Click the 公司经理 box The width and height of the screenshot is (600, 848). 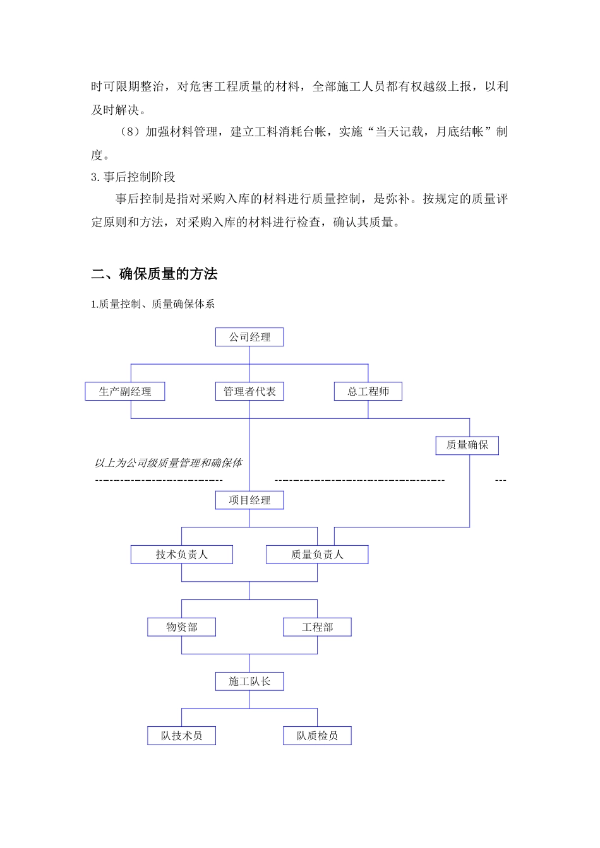249,338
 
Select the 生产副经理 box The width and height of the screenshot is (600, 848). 125,392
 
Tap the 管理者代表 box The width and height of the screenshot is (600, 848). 249,392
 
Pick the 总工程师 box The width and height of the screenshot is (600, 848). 368,392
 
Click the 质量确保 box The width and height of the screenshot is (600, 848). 467,445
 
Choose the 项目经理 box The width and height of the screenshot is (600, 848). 249,500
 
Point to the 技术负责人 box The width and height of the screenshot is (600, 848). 182,555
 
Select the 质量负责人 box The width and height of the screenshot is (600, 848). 317,555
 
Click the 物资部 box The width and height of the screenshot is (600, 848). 182,627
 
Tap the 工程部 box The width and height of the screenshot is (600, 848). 317,627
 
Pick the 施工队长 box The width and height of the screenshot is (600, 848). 249,681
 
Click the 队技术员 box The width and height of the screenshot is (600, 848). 182,736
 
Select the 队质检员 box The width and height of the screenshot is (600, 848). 317,736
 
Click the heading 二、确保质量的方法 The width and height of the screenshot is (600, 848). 155,274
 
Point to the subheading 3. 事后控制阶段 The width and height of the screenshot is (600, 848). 133,177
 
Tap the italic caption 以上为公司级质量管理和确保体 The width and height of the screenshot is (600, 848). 169,463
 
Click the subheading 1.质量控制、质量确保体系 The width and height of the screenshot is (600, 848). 153,304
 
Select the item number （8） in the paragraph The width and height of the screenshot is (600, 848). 129,132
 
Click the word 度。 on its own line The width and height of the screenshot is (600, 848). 100,155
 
